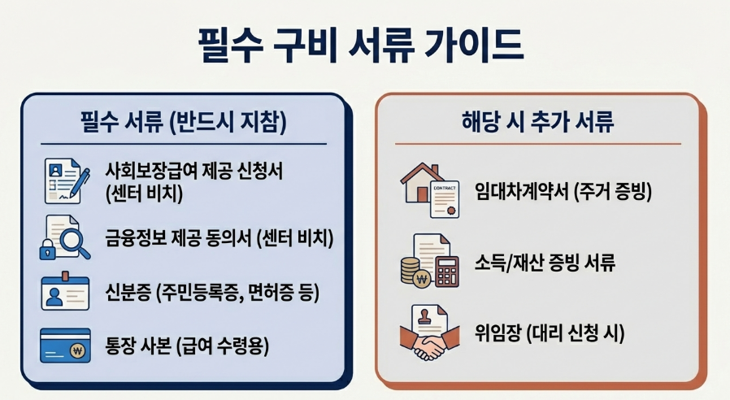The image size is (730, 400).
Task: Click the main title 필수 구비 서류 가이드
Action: [x=361, y=46]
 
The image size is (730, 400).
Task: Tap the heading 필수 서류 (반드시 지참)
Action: [x=184, y=121]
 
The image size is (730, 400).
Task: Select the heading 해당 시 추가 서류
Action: [x=537, y=121]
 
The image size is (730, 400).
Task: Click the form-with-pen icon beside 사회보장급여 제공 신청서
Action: [x=67, y=181]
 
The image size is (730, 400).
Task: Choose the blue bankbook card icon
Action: [x=65, y=345]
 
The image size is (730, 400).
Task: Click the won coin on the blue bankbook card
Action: [x=78, y=351]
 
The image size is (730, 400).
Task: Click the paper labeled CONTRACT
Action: [x=445, y=199]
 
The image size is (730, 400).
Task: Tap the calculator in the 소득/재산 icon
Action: [x=447, y=271]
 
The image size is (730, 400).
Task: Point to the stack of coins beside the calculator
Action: [x=411, y=271]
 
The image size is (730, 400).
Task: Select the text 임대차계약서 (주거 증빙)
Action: [x=563, y=191]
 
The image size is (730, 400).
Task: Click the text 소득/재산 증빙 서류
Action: [x=545, y=262]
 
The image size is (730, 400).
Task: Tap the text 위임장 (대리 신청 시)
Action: [x=550, y=333]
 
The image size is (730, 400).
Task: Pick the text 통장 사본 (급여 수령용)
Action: [x=187, y=346]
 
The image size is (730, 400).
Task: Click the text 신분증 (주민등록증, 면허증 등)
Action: [x=212, y=293]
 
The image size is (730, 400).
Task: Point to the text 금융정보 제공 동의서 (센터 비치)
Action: [x=219, y=238]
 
